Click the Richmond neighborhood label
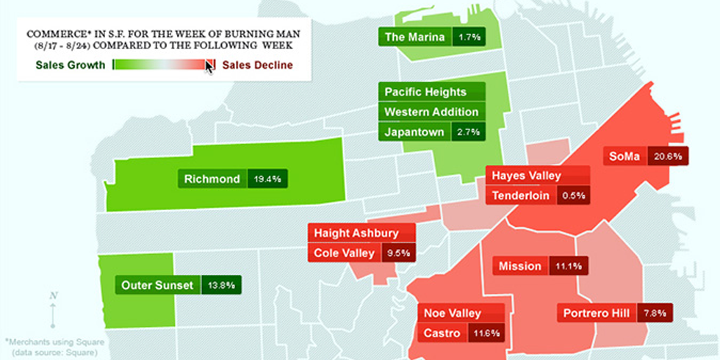click(x=212, y=179)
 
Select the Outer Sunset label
click(x=157, y=285)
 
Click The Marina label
click(x=414, y=36)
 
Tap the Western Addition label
click(x=432, y=112)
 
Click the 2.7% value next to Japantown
click(x=468, y=132)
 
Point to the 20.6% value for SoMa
click(x=668, y=156)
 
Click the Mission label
click(x=519, y=266)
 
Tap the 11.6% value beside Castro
click(x=486, y=333)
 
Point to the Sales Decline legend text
click(x=257, y=65)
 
